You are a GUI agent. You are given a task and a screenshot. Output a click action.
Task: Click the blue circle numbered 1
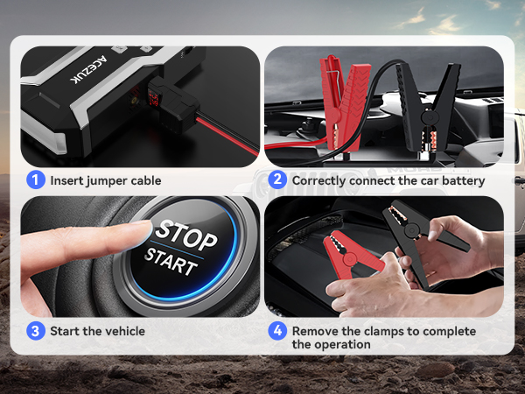click(x=35, y=180)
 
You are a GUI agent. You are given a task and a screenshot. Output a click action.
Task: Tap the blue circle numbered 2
click(x=277, y=180)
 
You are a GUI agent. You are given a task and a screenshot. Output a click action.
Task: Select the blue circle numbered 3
click(x=35, y=331)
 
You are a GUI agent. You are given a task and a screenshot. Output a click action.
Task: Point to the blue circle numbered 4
click(x=277, y=331)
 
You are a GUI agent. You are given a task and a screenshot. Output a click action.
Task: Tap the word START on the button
click(x=172, y=261)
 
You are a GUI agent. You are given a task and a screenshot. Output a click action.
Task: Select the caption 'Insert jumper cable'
click(x=105, y=180)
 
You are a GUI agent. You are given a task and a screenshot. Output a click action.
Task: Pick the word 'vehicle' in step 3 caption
click(x=123, y=331)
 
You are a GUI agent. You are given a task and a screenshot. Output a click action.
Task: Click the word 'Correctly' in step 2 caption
click(x=321, y=180)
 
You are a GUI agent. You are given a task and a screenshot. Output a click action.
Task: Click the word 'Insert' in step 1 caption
click(x=66, y=180)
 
